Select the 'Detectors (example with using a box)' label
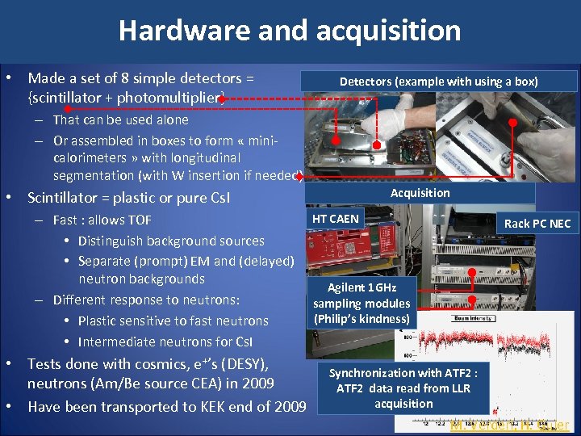(x=438, y=82)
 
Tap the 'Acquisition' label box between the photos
(x=420, y=193)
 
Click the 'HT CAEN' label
(x=335, y=219)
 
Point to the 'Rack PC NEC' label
(x=537, y=223)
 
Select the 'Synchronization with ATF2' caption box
(x=403, y=388)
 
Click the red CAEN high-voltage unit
(x=335, y=250)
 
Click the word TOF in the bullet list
(x=136, y=220)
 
